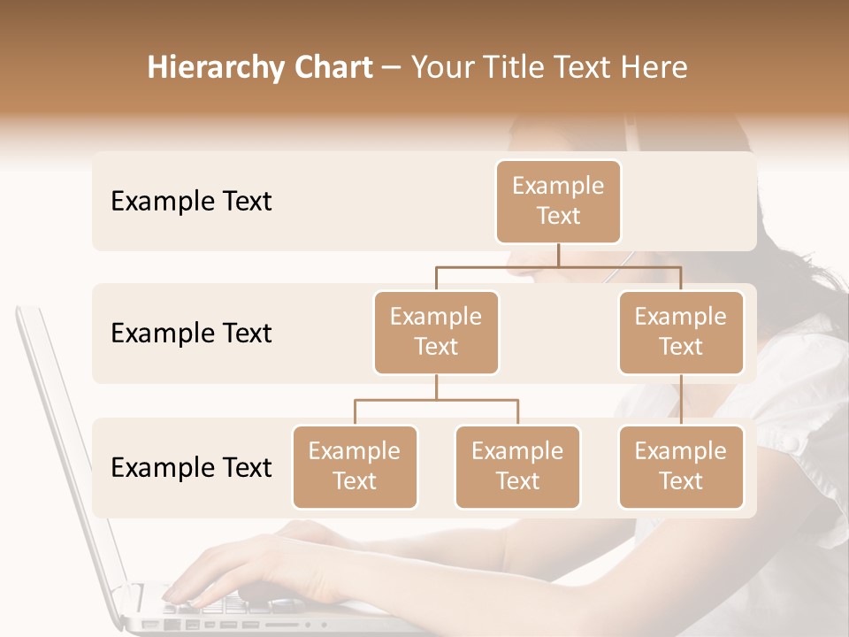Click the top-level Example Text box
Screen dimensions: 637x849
coord(558,201)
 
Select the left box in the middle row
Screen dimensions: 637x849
coord(436,332)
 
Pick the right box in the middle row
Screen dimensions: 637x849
coord(681,332)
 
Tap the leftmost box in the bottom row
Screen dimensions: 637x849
coord(355,466)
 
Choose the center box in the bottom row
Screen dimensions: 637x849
coord(517,466)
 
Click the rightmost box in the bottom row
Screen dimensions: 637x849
coord(681,466)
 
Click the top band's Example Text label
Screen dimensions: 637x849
coord(191,202)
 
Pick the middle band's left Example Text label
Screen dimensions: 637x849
coord(191,334)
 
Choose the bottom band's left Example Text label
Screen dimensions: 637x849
coord(191,468)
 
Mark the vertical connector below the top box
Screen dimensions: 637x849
coord(558,255)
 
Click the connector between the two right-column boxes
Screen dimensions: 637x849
coord(681,400)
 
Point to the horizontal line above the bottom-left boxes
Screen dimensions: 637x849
coord(436,400)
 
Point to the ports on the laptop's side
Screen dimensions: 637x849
coord(203,625)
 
